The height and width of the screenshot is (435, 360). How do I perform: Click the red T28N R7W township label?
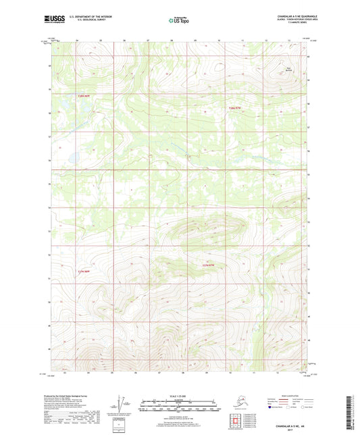coord(234,107)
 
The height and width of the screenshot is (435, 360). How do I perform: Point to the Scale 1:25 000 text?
coord(180,395)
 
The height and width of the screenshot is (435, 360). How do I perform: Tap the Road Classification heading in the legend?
coord(276,396)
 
